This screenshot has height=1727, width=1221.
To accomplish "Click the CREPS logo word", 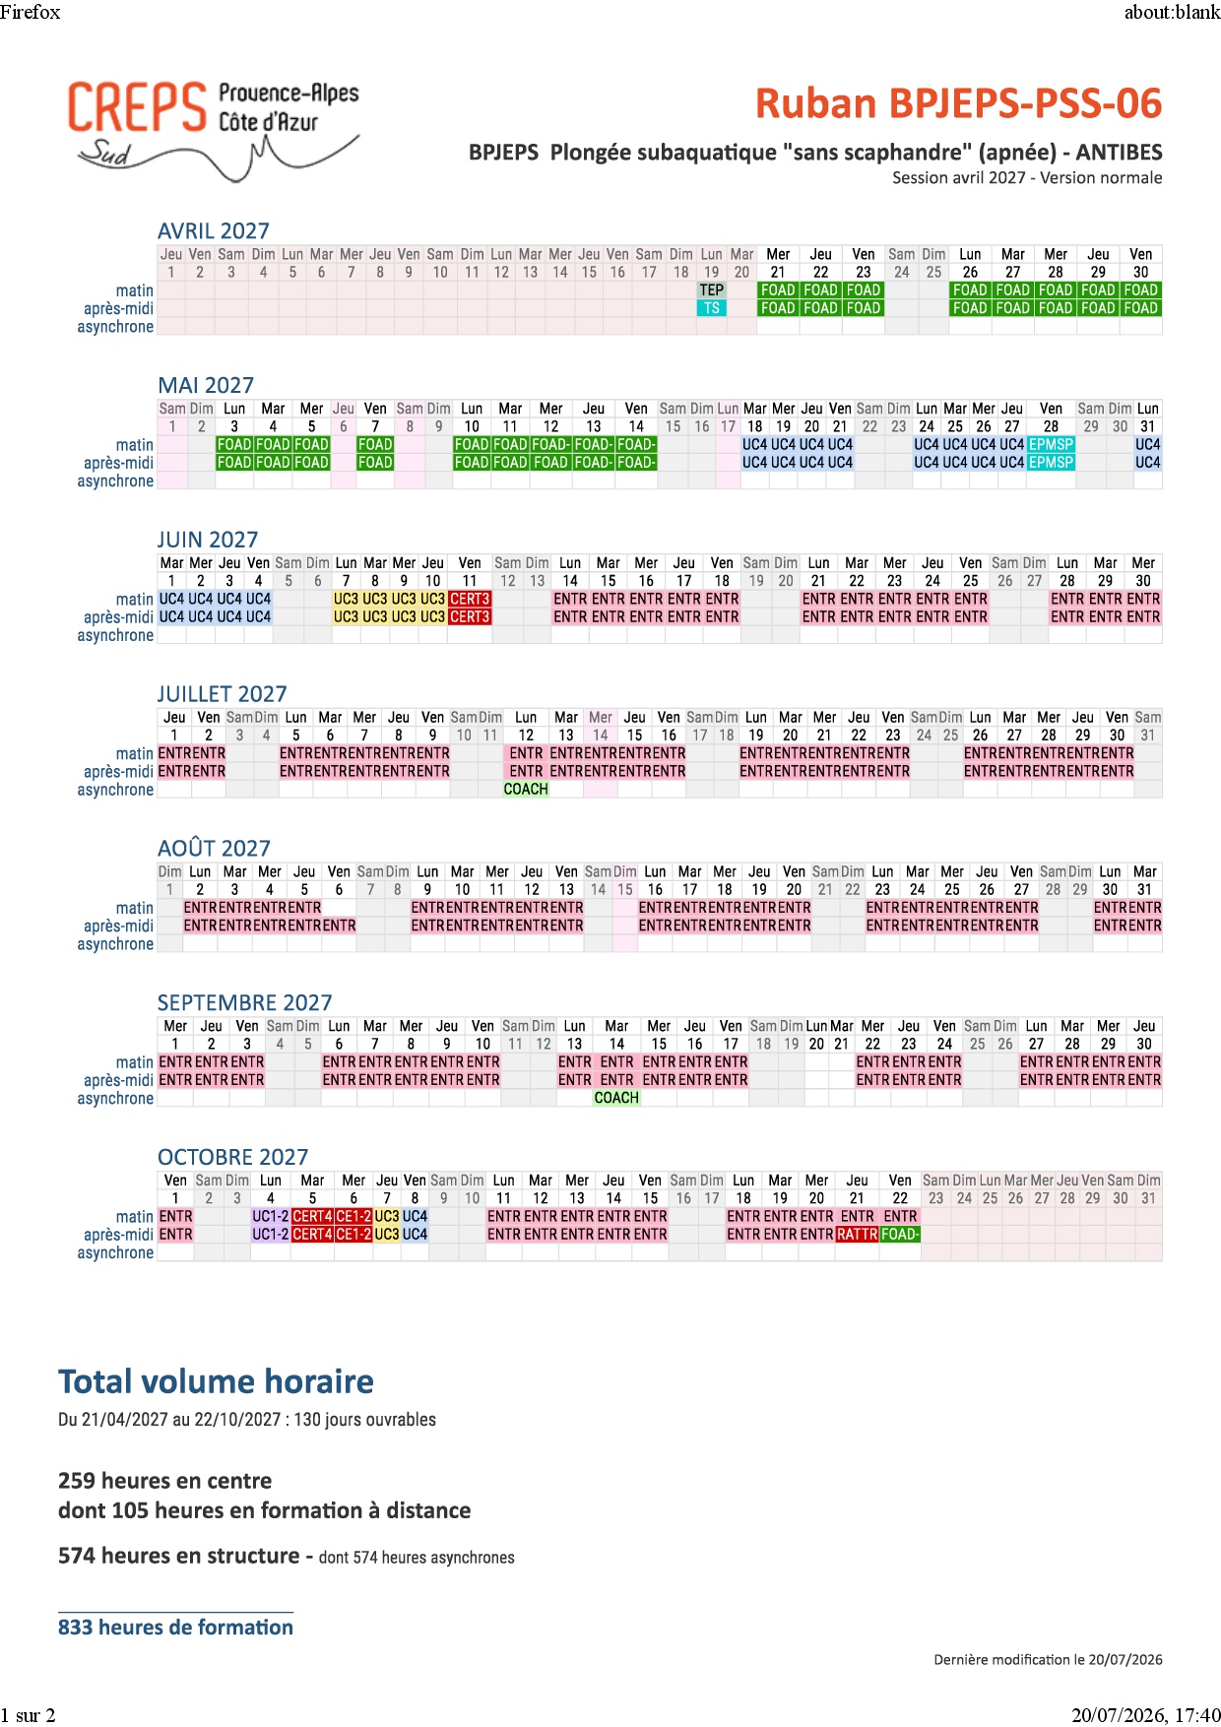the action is point(137,107).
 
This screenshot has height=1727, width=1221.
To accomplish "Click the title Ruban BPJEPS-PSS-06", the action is point(958,103).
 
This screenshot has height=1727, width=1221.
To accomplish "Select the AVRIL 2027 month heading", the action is point(214,230).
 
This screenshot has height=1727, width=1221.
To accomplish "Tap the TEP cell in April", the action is point(712,290).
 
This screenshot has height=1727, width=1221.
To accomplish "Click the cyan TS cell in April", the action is point(712,308).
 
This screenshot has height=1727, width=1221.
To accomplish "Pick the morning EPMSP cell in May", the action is point(1051,445).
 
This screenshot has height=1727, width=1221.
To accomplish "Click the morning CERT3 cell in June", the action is point(470,599).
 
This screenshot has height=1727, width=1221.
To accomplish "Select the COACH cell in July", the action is point(526,790).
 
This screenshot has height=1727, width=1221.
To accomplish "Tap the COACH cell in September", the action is point(616,1098).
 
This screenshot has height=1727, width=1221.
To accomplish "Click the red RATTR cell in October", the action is point(857,1235).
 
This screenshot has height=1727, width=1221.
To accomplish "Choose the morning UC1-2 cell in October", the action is point(271,1217).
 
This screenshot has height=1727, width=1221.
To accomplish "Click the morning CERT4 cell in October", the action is point(312,1217).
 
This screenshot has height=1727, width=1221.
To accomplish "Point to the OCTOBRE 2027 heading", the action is point(232,1157).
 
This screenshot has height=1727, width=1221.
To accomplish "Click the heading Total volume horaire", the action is point(216,1381).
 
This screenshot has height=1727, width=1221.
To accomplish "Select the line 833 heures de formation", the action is point(175,1628).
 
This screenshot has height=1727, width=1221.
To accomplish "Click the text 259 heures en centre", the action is point(165,1481).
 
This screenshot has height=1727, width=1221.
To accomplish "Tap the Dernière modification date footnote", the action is point(1048,1660).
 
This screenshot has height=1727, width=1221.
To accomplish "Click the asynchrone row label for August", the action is point(115,944).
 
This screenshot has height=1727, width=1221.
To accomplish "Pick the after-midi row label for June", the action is point(118,617).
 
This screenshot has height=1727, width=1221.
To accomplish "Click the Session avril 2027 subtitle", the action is point(1027,178).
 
